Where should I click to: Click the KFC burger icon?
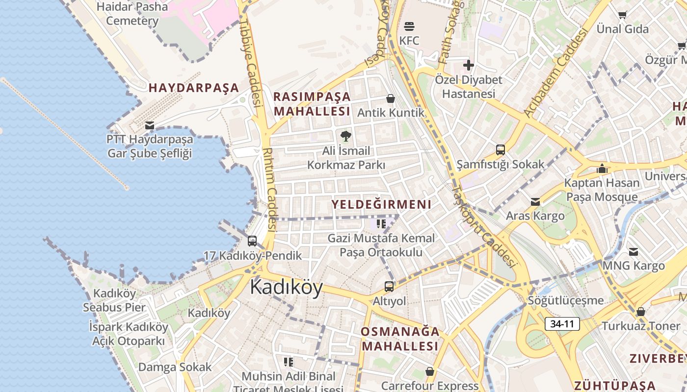click(409, 26)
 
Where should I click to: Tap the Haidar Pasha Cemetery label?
click(132, 14)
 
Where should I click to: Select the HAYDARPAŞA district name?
click(194, 88)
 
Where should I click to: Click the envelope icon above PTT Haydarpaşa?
click(150, 125)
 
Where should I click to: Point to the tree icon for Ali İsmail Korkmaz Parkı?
click(346, 136)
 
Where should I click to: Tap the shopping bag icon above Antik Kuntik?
click(391, 98)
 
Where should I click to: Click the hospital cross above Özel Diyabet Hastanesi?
click(469, 65)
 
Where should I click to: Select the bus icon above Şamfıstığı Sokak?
click(501, 149)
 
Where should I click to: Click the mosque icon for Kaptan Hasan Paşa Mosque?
click(602, 169)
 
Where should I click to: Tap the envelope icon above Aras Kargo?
click(535, 201)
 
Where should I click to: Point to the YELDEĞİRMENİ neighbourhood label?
click(381, 204)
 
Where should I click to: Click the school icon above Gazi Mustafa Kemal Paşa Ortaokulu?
click(381, 224)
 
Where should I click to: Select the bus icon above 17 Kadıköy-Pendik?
click(252, 241)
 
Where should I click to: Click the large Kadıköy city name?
click(287, 287)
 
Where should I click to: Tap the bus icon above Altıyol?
click(389, 286)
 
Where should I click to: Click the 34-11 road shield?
click(562, 324)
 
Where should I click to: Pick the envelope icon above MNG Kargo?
click(634, 252)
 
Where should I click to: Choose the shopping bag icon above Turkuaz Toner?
click(640, 312)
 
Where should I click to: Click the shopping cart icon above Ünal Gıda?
click(623, 15)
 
